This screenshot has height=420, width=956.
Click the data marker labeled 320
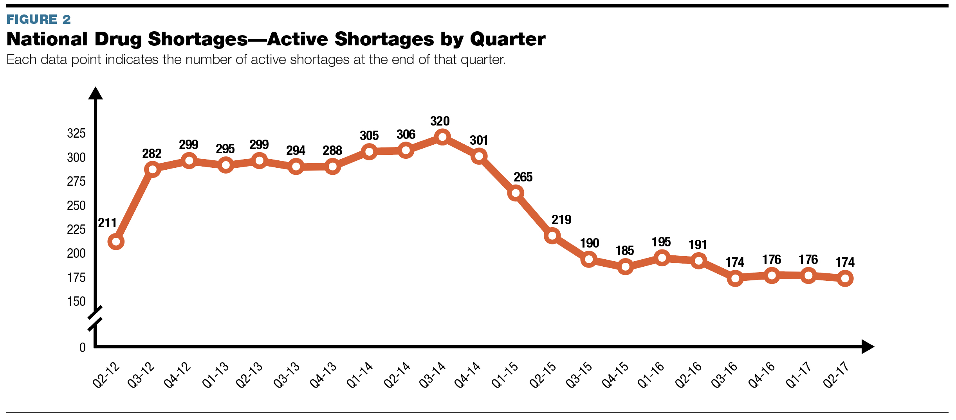(x=442, y=137)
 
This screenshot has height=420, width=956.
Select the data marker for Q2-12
(x=116, y=242)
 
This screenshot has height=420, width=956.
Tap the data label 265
(x=523, y=177)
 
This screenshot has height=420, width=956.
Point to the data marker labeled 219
(x=552, y=236)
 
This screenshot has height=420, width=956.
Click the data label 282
(x=152, y=154)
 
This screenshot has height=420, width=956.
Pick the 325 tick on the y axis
(x=76, y=133)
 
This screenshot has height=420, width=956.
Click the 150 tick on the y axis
(x=76, y=302)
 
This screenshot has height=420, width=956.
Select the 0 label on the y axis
(x=82, y=348)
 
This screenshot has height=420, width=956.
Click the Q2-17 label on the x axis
(x=836, y=375)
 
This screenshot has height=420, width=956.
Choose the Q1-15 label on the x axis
(x=505, y=375)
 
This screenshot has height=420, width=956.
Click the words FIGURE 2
(x=38, y=19)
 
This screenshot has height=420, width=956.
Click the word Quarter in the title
(x=507, y=39)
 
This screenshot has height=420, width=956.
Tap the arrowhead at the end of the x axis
(x=868, y=346)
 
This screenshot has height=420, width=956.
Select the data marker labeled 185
(x=625, y=267)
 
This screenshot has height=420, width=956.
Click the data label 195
(x=661, y=242)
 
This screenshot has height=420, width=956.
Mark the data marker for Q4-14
(x=479, y=156)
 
